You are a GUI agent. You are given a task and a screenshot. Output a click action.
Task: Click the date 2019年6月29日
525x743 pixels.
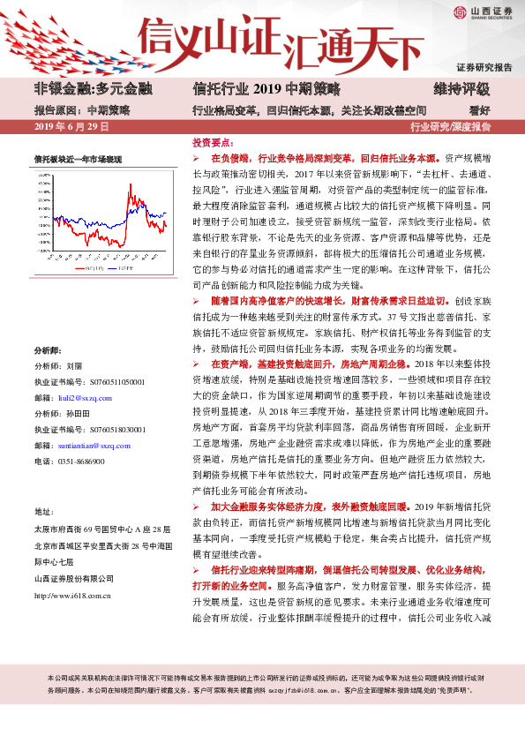[71, 127]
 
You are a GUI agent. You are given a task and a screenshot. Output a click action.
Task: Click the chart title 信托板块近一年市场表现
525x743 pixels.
[78, 159]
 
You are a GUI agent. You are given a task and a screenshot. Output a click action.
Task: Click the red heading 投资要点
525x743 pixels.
[213, 141]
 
